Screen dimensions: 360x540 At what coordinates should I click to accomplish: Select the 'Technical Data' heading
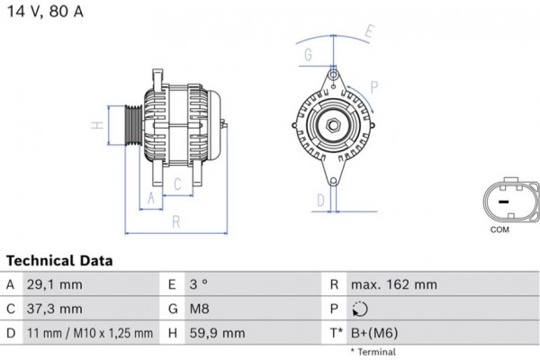[x=60, y=261]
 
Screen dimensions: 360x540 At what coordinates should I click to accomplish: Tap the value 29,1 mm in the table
[x=55, y=284]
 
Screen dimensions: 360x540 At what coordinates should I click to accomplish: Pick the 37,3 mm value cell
[x=55, y=309]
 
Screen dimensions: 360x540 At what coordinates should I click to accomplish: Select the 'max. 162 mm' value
[x=395, y=284]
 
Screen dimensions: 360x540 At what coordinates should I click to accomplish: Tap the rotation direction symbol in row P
[x=362, y=310]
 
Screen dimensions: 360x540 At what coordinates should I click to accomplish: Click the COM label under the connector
[x=500, y=230]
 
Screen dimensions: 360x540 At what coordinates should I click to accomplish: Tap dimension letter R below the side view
[x=175, y=220]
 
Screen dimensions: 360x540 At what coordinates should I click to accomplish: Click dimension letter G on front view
[x=308, y=55]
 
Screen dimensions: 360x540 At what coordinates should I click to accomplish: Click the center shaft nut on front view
[x=332, y=126]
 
